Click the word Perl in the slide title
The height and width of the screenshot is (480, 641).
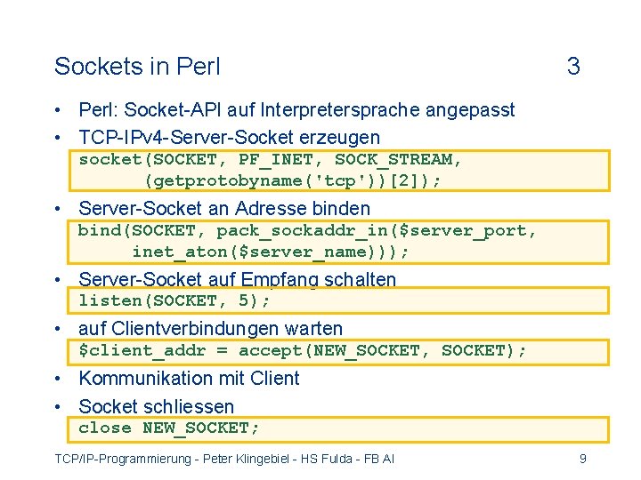tap(199, 67)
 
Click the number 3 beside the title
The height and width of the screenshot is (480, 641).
tap(573, 67)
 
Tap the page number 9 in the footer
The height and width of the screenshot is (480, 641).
tap(582, 459)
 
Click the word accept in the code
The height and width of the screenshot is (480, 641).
tap(271, 350)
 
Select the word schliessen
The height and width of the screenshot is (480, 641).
tap(192, 406)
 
